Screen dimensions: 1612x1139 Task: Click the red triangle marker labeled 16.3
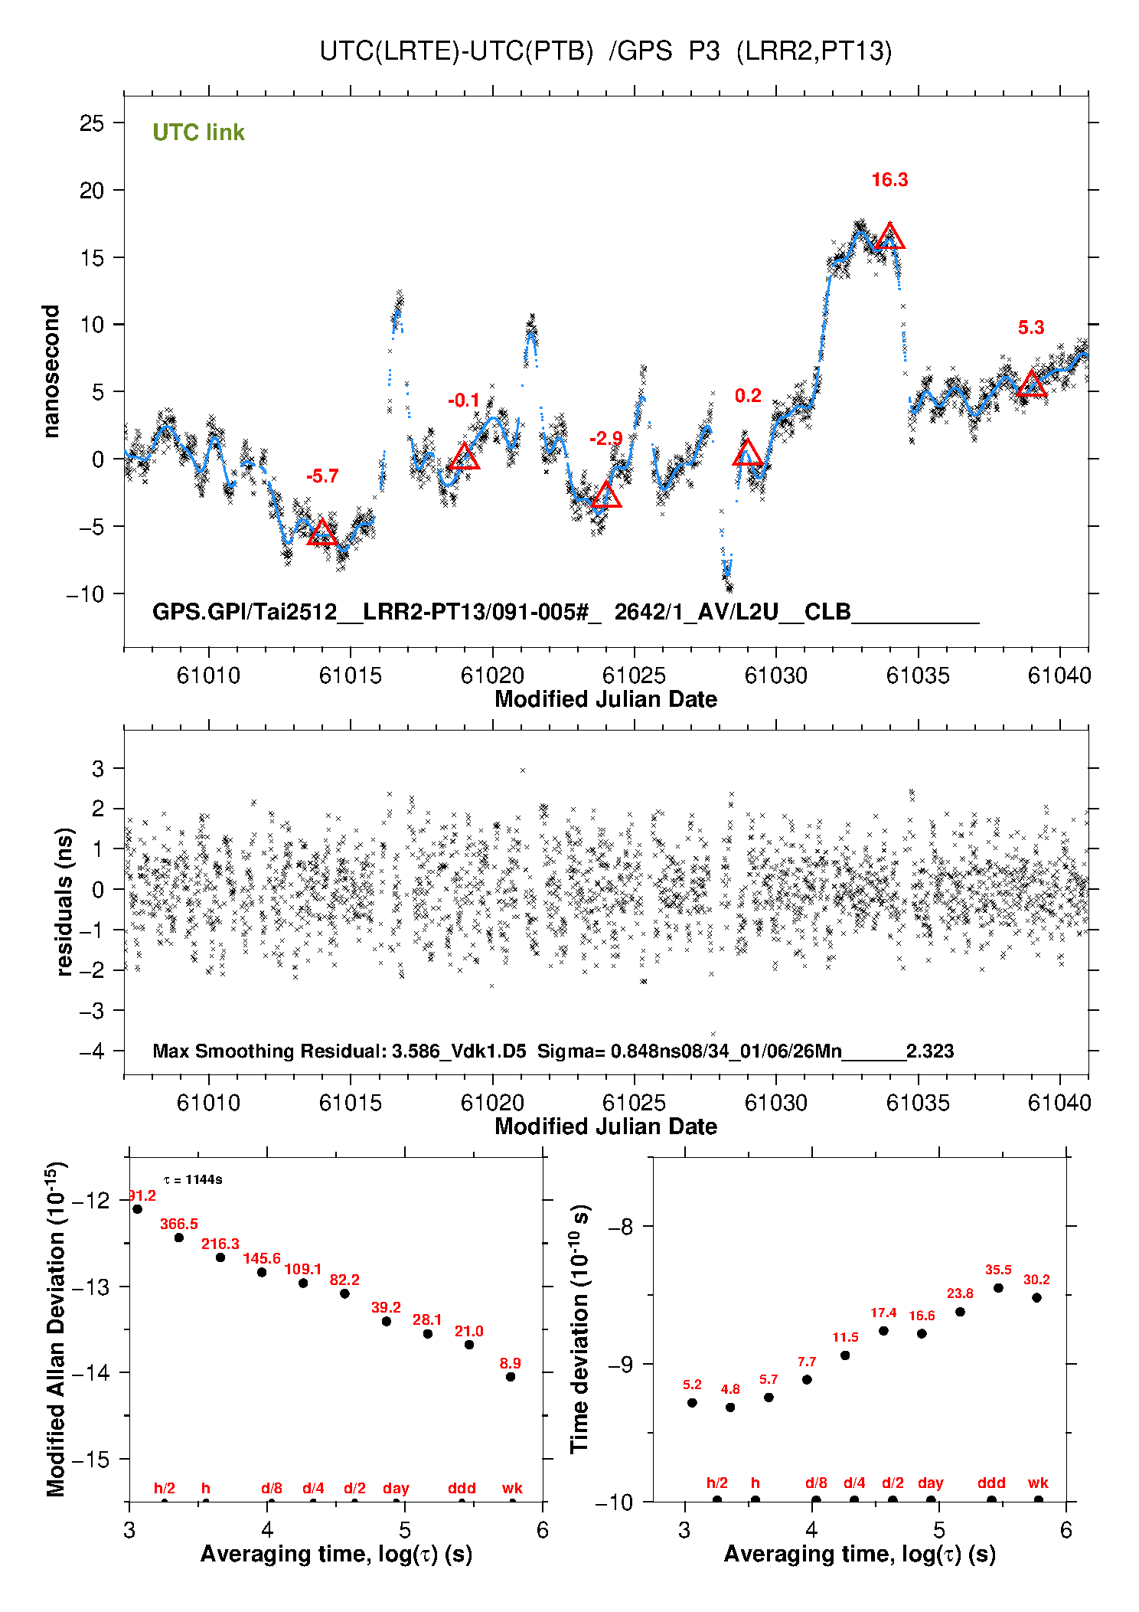[889, 237]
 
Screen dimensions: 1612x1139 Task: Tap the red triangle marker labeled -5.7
[322, 533]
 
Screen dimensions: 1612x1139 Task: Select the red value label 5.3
[1031, 328]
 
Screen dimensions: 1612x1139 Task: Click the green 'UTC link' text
[198, 132]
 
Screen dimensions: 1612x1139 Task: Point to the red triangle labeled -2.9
[606, 496]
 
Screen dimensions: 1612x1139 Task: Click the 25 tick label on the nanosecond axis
[92, 123]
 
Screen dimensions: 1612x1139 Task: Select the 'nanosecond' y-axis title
[51, 371]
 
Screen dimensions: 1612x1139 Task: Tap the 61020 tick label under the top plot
[492, 675]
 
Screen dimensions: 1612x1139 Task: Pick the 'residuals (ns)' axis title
[65, 901]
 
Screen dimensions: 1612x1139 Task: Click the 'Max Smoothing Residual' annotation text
[269, 1051]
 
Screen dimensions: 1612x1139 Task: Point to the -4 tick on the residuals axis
[91, 1051]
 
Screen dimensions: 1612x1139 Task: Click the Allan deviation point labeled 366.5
[179, 1238]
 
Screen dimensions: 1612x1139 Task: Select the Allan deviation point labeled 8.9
[511, 1377]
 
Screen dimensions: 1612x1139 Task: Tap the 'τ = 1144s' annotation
[193, 1180]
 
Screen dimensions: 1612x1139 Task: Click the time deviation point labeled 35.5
[998, 1288]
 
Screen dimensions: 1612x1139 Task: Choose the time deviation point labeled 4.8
[730, 1408]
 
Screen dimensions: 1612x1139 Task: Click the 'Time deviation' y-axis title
[579, 1329]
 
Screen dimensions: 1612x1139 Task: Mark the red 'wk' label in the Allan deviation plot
[512, 1488]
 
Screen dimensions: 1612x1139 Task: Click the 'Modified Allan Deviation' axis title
[56, 1329]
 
